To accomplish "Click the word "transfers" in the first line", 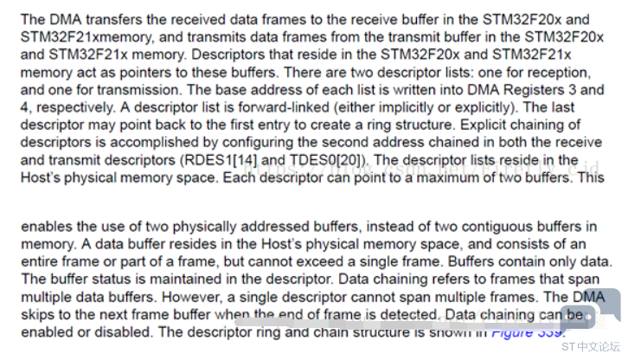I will pos(113,18).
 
